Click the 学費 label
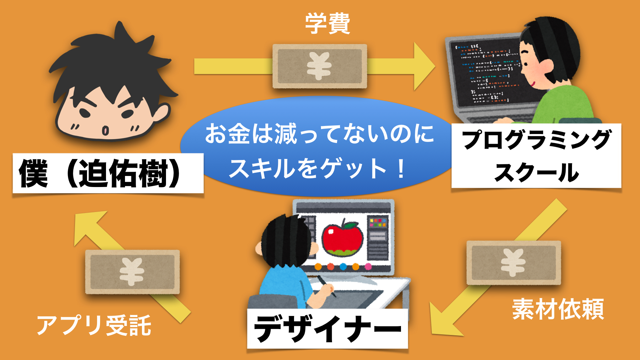(328, 23)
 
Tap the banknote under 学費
(320, 66)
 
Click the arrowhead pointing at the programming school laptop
(424, 66)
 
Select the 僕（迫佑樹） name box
(108, 173)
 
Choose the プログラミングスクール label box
(536, 156)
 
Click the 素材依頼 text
(558, 309)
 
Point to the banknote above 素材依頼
(514, 263)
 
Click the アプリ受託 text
(94, 325)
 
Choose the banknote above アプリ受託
(132, 272)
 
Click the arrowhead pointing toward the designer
(443, 320)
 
